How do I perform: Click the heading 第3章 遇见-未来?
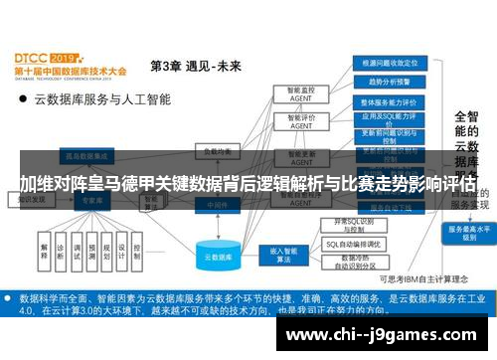[195, 67]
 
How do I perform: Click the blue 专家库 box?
[91, 199]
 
